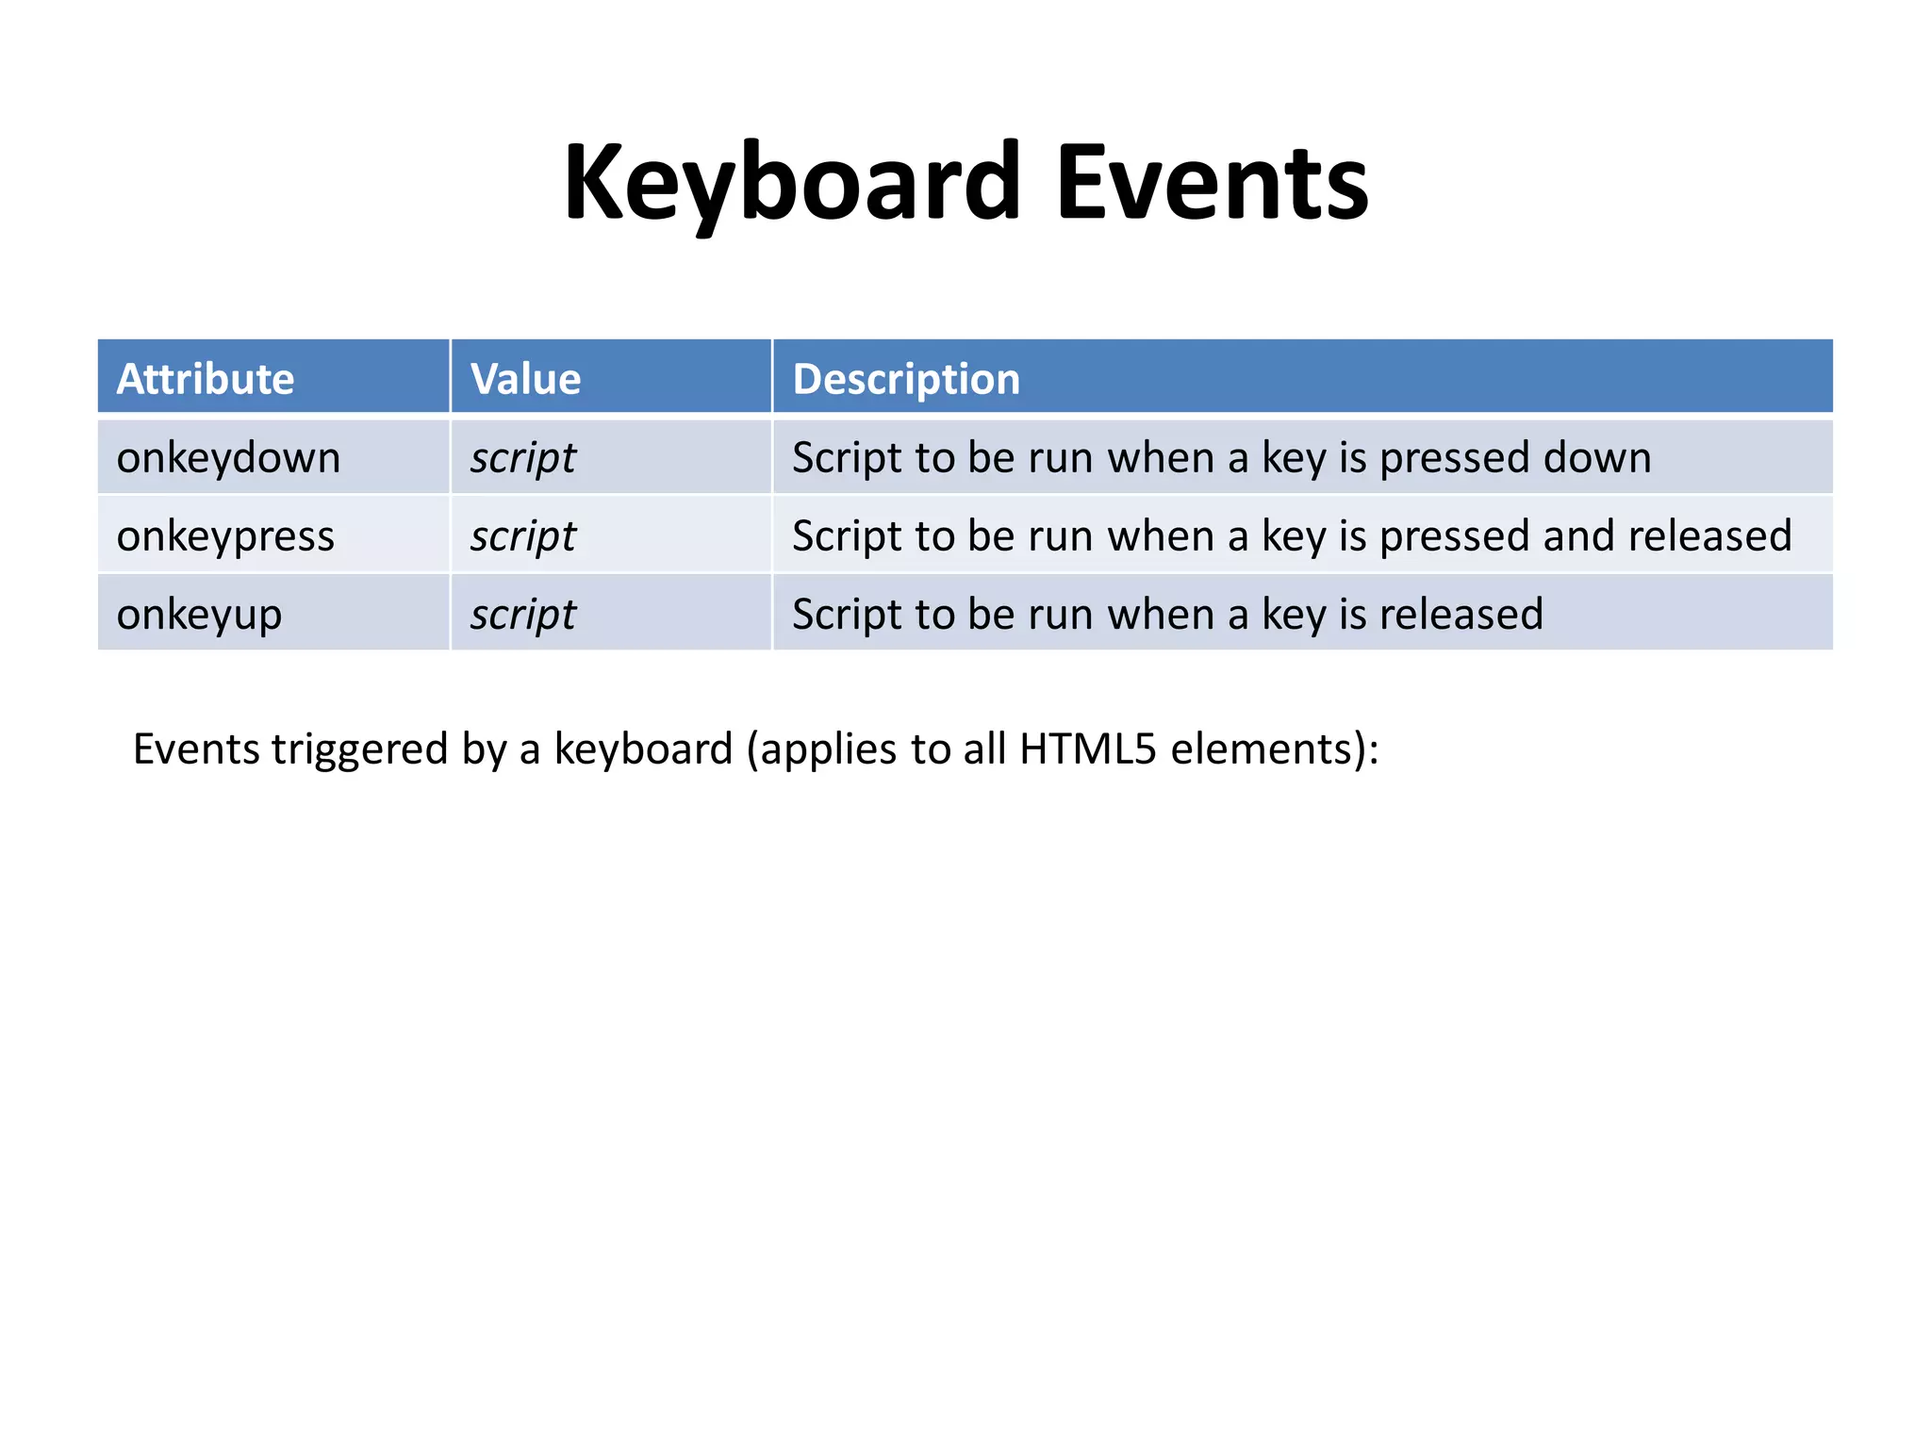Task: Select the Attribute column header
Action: (x=206, y=379)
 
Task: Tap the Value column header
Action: (x=525, y=379)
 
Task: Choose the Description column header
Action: (x=906, y=379)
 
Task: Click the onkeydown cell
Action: (x=228, y=458)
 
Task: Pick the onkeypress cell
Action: (x=225, y=536)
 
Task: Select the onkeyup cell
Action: (x=199, y=615)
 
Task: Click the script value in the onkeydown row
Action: (x=523, y=458)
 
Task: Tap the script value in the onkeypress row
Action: (x=523, y=536)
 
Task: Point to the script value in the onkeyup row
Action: (x=523, y=615)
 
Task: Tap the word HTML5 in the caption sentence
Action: (x=1087, y=749)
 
